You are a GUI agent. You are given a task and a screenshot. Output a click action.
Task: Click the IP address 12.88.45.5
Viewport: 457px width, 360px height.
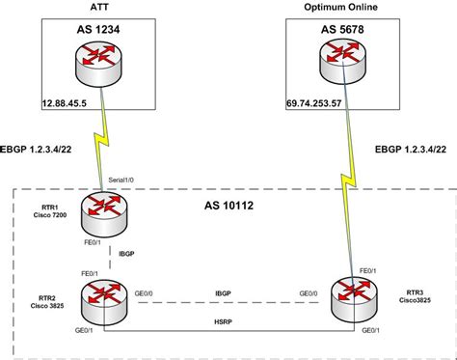pyautogui.click(x=65, y=99)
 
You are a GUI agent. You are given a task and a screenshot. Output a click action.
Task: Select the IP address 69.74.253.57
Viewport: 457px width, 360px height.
pyautogui.click(x=318, y=99)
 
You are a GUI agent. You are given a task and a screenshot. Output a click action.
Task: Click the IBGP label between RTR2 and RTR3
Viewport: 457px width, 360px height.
pyautogui.click(x=228, y=291)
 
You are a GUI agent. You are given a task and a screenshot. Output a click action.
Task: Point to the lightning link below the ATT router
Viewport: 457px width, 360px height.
pyautogui.click(x=99, y=146)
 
